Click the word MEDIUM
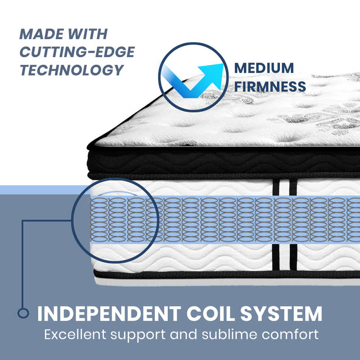[264, 68]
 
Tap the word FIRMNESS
[270, 86]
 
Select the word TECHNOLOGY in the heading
[72, 70]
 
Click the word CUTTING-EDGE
[77, 52]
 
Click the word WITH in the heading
[88, 34]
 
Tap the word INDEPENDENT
[109, 314]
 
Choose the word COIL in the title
[211, 314]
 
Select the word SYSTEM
[281, 314]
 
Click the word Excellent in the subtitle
[75, 334]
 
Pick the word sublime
[229, 334]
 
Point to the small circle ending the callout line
[23, 313]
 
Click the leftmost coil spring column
[99, 220]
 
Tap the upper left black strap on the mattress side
[276, 188]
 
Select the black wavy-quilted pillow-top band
[223, 162]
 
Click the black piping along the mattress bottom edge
[227, 274]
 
